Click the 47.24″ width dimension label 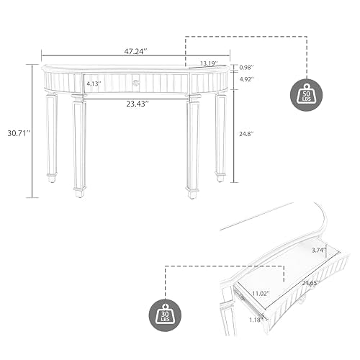coord(135,51)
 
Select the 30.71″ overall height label coord(18,133)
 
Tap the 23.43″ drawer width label coord(138,104)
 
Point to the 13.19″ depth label coord(209,63)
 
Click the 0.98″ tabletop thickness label coord(246,68)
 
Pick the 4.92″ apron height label coord(246,79)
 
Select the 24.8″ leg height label coord(246,134)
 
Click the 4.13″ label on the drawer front coord(94,84)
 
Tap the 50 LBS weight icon coord(307,95)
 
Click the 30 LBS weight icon coord(165,315)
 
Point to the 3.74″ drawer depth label coord(319,251)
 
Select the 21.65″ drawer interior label coord(311,283)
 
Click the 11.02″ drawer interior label coord(261,293)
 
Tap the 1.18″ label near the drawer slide coord(256,320)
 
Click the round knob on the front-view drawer coord(136,83)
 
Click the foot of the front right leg coord(192,194)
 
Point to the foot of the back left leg coord(52,178)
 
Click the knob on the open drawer coord(302,300)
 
